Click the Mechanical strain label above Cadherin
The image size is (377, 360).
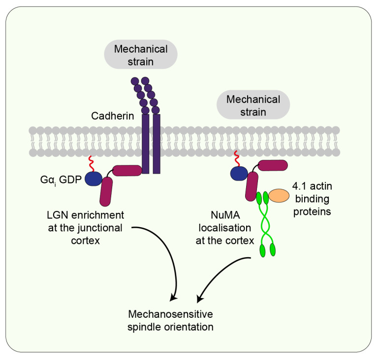coord(141,56)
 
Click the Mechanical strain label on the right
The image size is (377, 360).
coord(253,106)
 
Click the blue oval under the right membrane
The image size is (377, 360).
coord(240,173)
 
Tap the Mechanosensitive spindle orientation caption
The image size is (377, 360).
coord(171,320)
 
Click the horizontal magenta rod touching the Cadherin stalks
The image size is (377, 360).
coord(127,171)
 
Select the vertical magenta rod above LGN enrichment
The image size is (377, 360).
coord(106,191)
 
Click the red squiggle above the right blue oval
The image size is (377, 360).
coord(237,157)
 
